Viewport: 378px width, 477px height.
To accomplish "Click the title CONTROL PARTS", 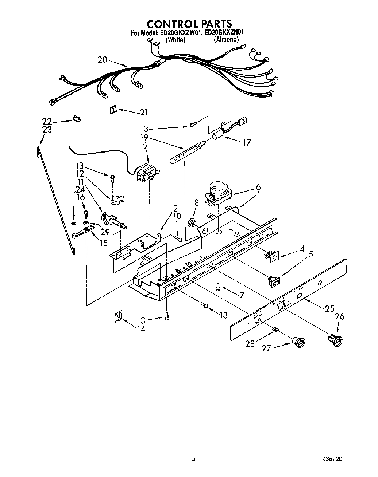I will [x=189, y=24].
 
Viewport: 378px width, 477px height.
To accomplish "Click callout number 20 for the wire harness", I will [x=103, y=60].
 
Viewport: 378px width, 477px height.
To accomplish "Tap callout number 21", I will [x=144, y=113].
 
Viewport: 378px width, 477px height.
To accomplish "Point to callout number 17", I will [x=247, y=142].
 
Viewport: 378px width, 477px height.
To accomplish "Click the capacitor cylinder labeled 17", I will [x=218, y=138].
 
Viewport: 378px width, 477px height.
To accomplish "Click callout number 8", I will [x=196, y=203].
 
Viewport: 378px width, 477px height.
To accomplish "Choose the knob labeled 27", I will [x=299, y=342].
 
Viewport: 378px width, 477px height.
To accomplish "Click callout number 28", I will [x=250, y=343].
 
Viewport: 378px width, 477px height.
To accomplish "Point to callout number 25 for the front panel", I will [x=329, y=308].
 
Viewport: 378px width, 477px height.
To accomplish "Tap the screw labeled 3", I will [x=167, y=318].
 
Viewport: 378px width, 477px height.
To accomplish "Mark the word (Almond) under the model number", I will [x=226, y=39].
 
